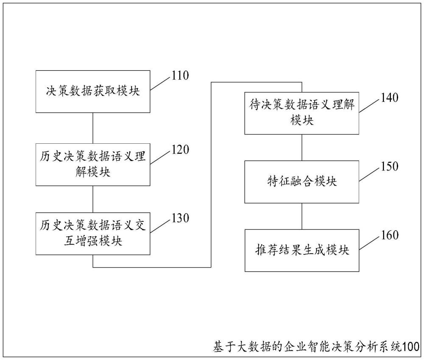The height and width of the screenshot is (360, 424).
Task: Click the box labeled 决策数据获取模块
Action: point(93,92)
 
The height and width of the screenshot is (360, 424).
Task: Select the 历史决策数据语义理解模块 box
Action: point(93,165)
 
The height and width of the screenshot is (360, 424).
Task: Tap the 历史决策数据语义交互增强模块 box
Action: point(93,234)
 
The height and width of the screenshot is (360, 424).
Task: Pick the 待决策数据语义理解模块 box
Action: point(302,113)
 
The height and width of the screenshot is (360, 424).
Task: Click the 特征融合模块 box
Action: point(302,182)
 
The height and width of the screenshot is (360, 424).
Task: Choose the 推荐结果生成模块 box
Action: point(302,251)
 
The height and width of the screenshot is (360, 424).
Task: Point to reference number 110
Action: point(180,75)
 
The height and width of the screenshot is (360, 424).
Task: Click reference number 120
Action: point(180,150)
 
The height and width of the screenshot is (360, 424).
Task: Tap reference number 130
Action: point(180,218)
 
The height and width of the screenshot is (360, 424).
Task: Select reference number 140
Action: point(390,98)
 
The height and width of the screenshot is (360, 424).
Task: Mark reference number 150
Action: point(390,166)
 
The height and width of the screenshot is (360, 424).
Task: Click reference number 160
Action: point(390,235)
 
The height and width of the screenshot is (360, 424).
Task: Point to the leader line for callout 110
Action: point(161,84)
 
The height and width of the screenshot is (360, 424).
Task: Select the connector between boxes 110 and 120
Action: point(93,128)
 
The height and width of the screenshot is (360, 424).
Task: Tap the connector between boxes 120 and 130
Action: point(93,199)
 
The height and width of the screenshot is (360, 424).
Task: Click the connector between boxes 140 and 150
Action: point(302,148)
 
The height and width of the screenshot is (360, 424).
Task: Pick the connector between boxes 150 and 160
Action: point(302,216)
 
